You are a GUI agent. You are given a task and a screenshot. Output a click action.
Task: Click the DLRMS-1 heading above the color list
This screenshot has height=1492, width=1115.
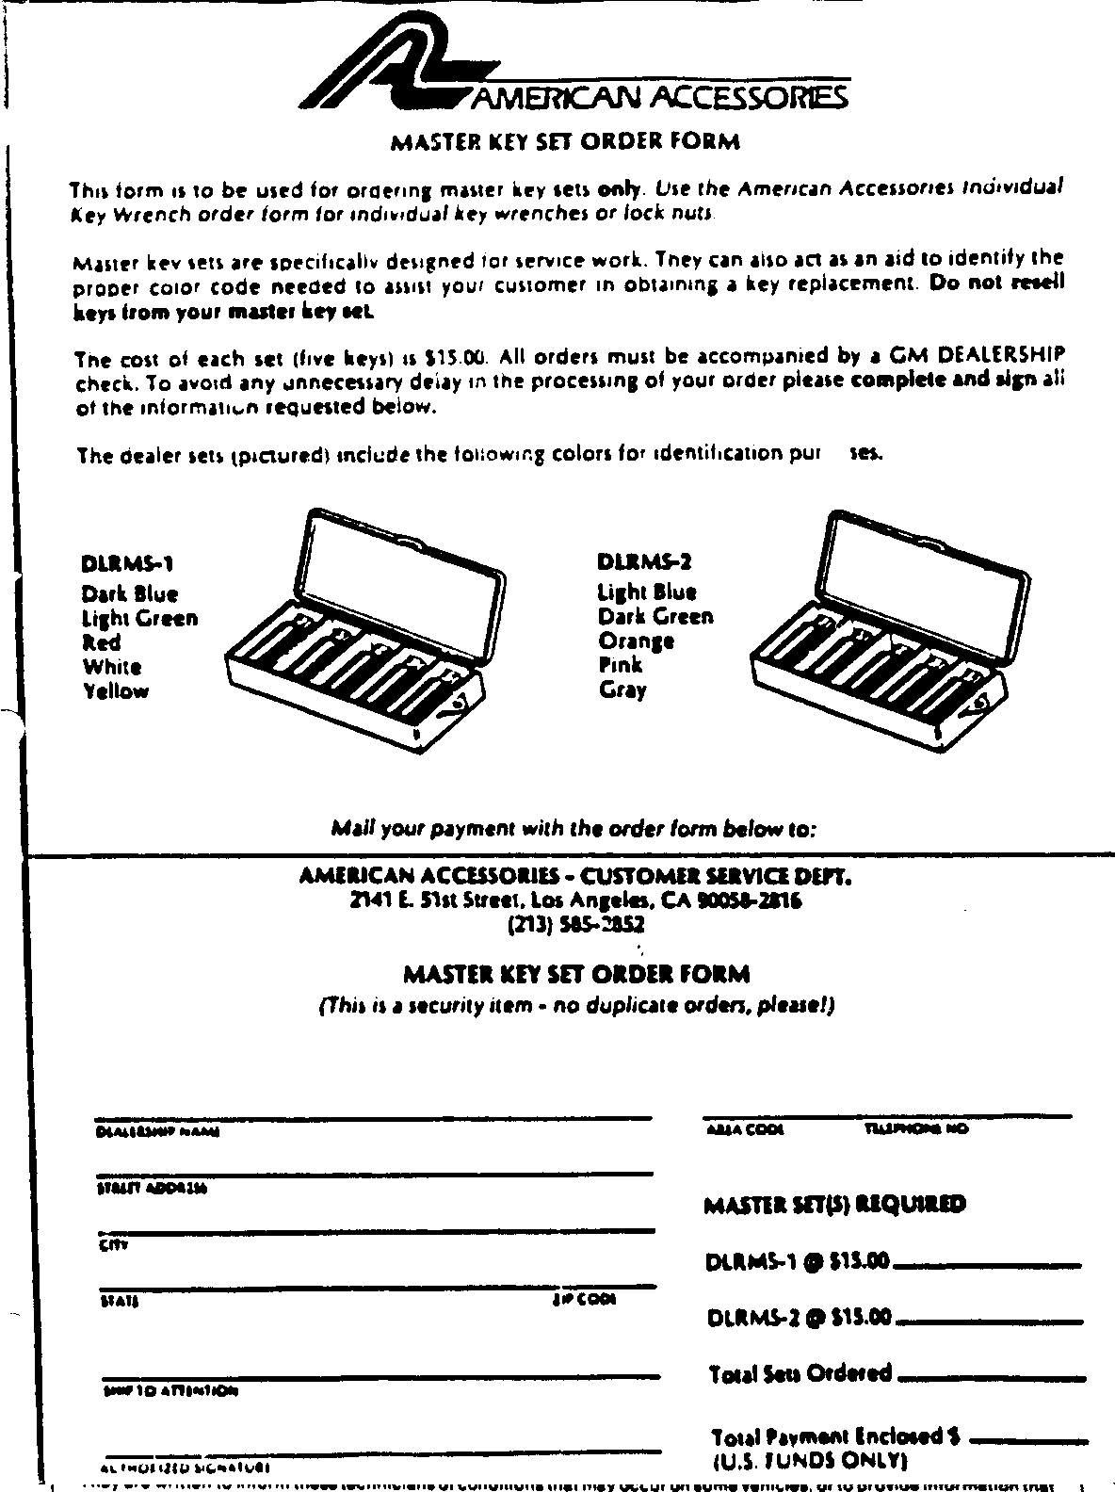tap(127, 565)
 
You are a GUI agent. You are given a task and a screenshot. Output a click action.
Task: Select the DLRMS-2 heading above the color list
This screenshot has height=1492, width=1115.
tap(645, 562)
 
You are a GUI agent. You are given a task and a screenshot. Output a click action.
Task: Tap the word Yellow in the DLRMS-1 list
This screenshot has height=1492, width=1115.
tap(116, 691)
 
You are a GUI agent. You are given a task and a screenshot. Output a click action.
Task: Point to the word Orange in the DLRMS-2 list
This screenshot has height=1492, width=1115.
tap(637, 641)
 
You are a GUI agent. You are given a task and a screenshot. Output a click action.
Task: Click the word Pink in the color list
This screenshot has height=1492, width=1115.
tap(621, 665)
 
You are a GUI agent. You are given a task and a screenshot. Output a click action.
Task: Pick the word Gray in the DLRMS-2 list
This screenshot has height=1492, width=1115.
tap(622, 689)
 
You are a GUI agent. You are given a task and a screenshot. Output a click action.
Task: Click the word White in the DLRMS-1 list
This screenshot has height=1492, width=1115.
tap(112, 667)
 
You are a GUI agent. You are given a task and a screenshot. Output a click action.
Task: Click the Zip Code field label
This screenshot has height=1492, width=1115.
tap(584, 1300)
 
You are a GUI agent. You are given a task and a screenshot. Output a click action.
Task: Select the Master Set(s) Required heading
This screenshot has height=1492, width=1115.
tap(834, 1205)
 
